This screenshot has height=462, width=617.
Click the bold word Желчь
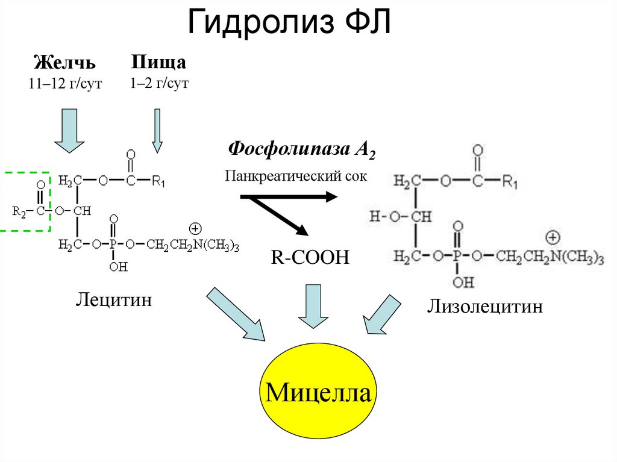pyautogui.click(x=65, y=63)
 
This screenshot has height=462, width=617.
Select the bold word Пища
pyautogui.click(x=159, y=62)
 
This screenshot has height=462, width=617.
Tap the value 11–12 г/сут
pyautogui.click(x=65, y=84)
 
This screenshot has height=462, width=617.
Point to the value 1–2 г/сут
pyautogui.click(x=159, y=83)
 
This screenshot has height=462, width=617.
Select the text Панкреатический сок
pyautogui.click(x=296, y=175)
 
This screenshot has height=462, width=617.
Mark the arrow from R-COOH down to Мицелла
pyautogui.click(x=312, y=306)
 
